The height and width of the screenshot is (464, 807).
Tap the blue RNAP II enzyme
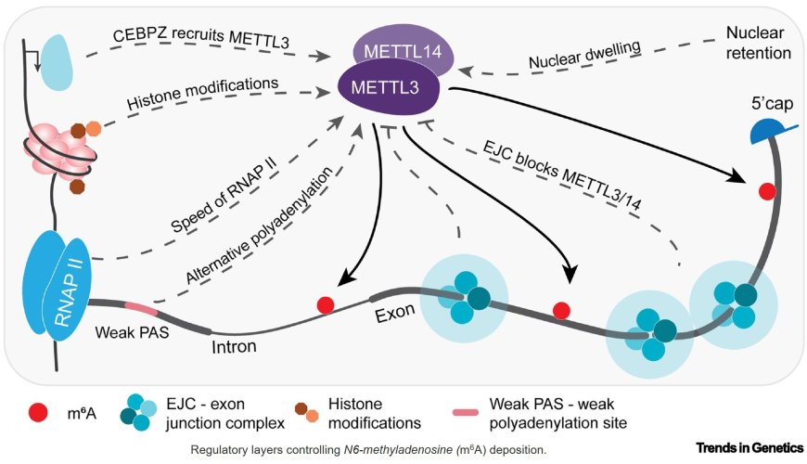point(60,283)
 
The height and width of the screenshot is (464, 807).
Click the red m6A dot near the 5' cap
point(767,191)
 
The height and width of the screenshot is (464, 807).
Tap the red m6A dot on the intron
point(326,304)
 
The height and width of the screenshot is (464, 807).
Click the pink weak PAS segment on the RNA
point(137,307)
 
